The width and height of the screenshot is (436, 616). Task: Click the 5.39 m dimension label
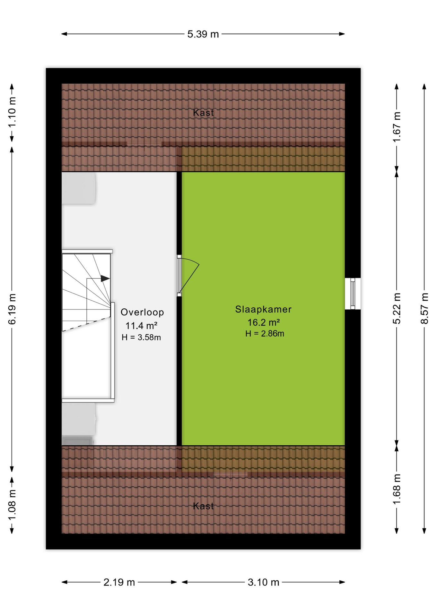point(203,34)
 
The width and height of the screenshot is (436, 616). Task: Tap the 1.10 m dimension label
point(12,112)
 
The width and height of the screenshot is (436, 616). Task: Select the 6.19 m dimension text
point(12,309)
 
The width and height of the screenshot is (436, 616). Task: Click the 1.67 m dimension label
point(397,127)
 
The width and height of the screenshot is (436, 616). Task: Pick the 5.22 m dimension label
point(397,308)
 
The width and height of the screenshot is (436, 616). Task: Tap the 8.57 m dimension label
point(424,308)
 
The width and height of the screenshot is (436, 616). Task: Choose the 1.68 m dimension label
point(397,489)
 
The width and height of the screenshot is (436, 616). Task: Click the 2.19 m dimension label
point(119,582)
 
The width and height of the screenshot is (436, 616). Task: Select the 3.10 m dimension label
point(264,582)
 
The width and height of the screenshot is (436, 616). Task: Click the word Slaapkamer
point(263,309)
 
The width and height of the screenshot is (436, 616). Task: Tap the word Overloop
point(142,312)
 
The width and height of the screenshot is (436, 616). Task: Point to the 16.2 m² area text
point(264,322)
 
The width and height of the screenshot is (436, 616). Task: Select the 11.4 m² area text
point(141,326)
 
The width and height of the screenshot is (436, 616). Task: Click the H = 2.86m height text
point(265,334)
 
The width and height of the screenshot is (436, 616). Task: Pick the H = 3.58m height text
point(141,337)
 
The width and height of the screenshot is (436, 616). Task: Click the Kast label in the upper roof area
point(203,113)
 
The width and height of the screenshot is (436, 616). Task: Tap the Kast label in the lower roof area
point(203,506)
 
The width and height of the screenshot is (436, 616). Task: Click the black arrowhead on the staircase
point(105,278)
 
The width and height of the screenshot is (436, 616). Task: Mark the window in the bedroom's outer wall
point(353,294)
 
